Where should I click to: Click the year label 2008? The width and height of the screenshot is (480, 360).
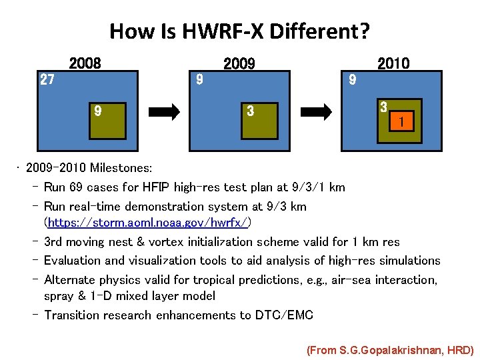pos(85,64)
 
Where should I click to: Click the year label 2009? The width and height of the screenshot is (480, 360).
pos(239,64)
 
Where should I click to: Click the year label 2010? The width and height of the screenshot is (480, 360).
pos(393,64)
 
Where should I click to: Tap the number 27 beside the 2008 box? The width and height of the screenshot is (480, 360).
pos(47,80)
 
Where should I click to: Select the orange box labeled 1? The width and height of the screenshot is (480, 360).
pos(401,123)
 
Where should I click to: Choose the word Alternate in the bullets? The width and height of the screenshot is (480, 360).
pos(69,280)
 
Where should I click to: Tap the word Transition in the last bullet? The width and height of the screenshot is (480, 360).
pos(71,315)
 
